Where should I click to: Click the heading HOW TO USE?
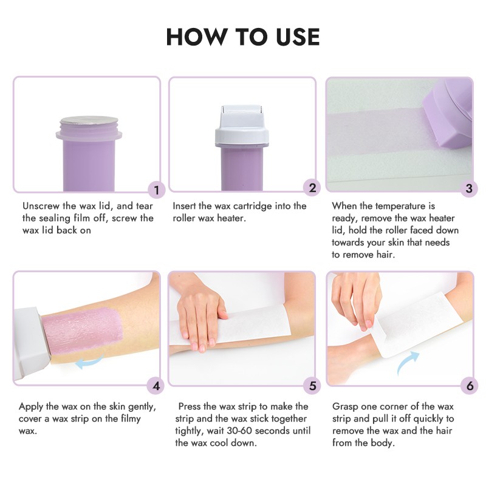click(x=243, y=37)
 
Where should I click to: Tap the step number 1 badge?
click(x=157, y=190)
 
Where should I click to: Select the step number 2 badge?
click(x=312, y=188)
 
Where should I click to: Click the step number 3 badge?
click(x=468, y=188)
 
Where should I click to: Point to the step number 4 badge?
click(x=157, y=385)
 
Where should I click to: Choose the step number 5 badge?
click(x=312, y=385)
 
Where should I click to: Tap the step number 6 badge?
click(x=468, y=385)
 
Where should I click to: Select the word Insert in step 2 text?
click(x=186, y=206)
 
